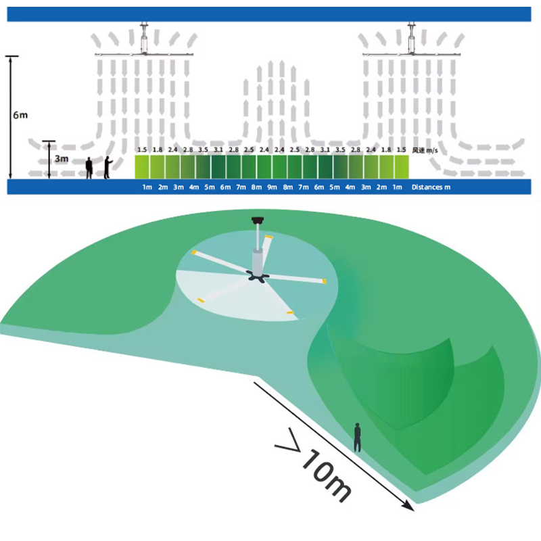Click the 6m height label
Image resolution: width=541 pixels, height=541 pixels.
coord(20,114)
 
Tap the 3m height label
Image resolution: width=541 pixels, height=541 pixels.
coord(61,159)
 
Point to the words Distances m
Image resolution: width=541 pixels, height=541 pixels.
coord(431,187)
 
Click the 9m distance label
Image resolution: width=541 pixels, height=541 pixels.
coord(272,187)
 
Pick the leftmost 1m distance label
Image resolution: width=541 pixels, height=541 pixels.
coord(147,187)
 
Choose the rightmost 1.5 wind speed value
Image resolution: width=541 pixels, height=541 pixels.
coord(401,149)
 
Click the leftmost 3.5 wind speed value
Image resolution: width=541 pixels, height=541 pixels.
coord(203,149)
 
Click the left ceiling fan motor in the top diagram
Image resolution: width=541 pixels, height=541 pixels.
coord(144,43)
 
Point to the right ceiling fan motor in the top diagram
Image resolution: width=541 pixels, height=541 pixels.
coord(411,43)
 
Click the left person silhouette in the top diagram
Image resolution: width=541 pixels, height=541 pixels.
coord(89,168)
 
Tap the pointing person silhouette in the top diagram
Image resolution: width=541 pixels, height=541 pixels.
coord(107,167)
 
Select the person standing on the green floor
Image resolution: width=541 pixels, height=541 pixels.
coord(357,437)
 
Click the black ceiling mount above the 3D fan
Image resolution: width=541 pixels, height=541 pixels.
coord(257,219)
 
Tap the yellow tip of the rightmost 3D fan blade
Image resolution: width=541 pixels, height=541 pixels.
coord(324,280)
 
